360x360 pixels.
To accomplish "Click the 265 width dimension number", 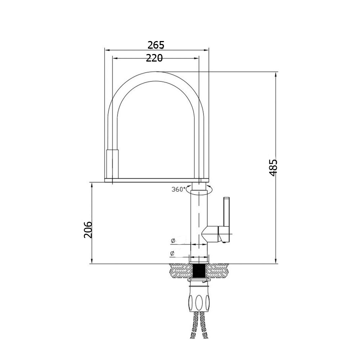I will [156, 45].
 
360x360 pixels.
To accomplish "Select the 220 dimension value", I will [154, 58].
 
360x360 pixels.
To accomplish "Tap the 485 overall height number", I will [273, 167].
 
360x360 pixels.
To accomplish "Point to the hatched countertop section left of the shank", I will [180, 271].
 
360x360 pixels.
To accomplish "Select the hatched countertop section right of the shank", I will [218, 271].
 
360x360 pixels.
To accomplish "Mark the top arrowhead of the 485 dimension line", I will [276, 74].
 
